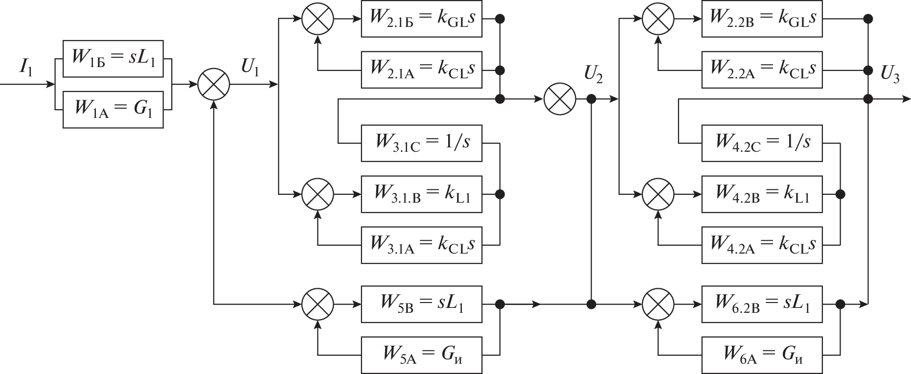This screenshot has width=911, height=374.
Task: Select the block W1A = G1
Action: coord(113,109)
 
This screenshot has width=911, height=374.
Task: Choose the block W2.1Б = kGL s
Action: coord(421,19)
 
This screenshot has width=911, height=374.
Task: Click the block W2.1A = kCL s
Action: coord(421,70)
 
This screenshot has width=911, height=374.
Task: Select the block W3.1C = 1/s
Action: coord(421,143)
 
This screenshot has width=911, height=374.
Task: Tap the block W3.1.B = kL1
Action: coord(421,194)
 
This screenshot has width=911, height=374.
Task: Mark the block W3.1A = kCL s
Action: coord(421,244)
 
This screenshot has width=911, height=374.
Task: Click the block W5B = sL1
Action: coord(421,304)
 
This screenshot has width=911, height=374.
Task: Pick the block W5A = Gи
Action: coord(421,354)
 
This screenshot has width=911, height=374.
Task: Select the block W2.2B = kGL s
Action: coord(762,19)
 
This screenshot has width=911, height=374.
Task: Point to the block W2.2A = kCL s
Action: coord(762,70)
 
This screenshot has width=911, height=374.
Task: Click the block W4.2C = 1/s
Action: coord(762,143)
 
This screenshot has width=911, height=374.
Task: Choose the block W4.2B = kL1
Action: coord(762,194)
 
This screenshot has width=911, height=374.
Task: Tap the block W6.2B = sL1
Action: coord(762,304)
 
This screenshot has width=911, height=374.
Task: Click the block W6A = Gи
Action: coord(762,354)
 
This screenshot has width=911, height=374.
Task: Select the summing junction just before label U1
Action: coord(214,84)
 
